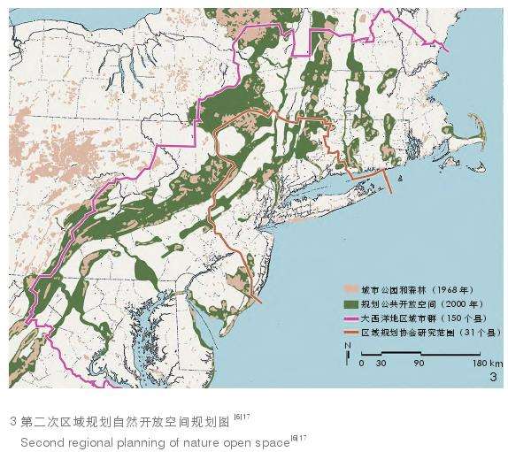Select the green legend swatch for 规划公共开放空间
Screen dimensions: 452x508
point(352,304)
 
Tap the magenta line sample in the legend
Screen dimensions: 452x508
point(352,318)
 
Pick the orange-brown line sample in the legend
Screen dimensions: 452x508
point(352,332)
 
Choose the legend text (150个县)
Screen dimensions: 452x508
point(459,318)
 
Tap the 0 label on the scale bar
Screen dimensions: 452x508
point(361,364)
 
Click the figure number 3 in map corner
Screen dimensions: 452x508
point(493,378)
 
